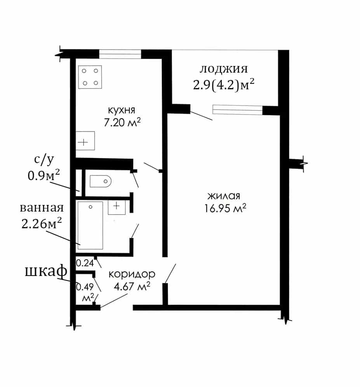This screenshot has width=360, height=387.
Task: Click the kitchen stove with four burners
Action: [x=90, y=77]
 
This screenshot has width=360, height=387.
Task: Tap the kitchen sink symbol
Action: [x=85, y=141]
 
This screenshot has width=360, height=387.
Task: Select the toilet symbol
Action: [x=101, y=181]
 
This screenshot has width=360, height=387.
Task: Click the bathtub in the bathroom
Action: [x=90, y=226]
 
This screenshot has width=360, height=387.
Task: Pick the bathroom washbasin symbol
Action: [x=117, y=207]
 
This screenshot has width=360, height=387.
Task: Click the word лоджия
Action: [x=223, y=69]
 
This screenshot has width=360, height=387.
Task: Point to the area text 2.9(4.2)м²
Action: [x=223, y=85]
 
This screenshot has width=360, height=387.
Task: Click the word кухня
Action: [x=122, y=110]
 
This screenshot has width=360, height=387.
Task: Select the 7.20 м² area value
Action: [x=122, y=122]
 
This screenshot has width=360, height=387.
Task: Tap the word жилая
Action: [x=224, y=196]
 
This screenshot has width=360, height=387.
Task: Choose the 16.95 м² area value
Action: [x=225, y=208]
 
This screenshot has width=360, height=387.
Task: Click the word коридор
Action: [x=132, y=274]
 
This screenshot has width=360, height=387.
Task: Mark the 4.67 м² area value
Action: [x=132, y=286]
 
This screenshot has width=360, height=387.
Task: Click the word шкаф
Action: [x=46, y=271]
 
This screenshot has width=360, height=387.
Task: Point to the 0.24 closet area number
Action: [x=85, y=263]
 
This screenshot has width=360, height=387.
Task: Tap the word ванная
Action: [x=42, y=208]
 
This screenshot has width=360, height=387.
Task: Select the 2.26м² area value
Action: [x=42, y=224]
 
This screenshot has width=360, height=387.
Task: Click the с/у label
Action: [x=44, y=160]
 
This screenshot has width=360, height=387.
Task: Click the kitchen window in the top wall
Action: [x=120, y=54]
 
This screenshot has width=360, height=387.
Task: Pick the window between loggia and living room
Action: [x=237, y=110]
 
